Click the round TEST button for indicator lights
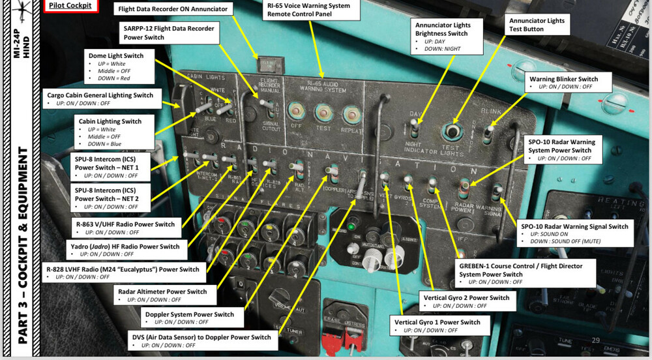tap(451, 131)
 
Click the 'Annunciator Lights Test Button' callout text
tap(537, 25)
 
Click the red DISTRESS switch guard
tap(337, 340)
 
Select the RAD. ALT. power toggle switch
tap(298, 170)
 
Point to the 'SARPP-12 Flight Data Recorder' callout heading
tap(170, 33)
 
